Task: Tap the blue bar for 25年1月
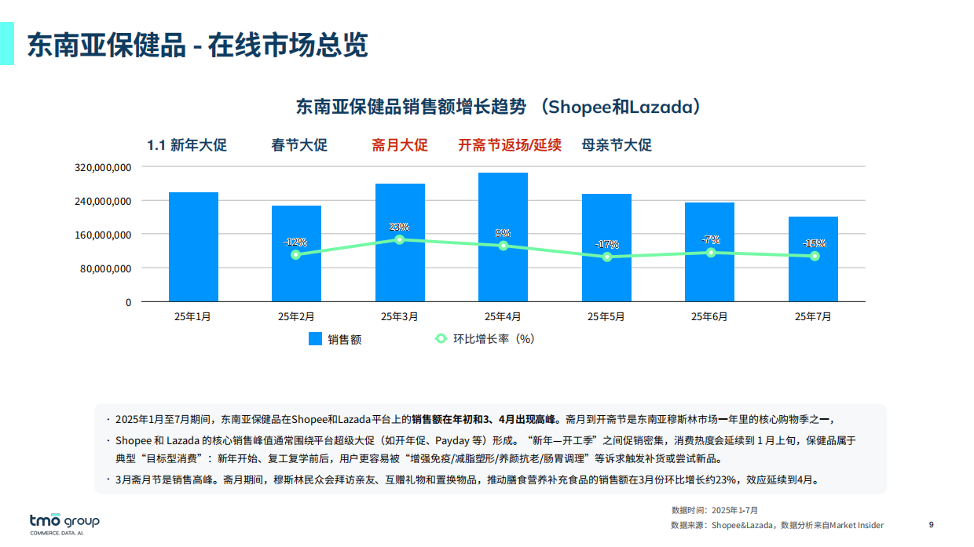click(x=193, y=246)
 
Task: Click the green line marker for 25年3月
click(x=399, y=239)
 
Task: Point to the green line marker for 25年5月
click(x=606, y=257)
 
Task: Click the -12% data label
click(x=295, y=242)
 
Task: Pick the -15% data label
click(x=814, y=243)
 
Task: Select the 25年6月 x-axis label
click(x=709, y=317)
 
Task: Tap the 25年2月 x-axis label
click(x=296, y=317)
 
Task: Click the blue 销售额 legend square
click(x=315, y=339)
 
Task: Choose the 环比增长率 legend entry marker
click(x=441, y=339)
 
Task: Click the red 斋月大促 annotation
click(x=400, y=145)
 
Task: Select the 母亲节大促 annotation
click(x=617, y=145)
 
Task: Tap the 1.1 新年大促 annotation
click(x=187, y=145)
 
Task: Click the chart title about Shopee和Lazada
click(x=498, y=107)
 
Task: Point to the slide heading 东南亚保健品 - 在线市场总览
click(x=198, y=45)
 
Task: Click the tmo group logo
click(x=64, y=523)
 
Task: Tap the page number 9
click(x=931, y=525)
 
